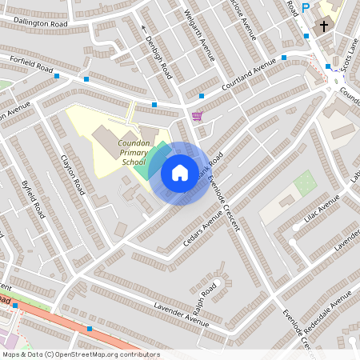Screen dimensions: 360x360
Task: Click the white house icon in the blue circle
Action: click(179, 172)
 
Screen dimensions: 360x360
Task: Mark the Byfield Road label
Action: click(34, 199)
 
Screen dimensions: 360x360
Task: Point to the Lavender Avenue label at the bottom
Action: click(181, 316)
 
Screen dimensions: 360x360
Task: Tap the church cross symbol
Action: click(323, 26)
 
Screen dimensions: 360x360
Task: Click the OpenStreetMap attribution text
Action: click(80, 354)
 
